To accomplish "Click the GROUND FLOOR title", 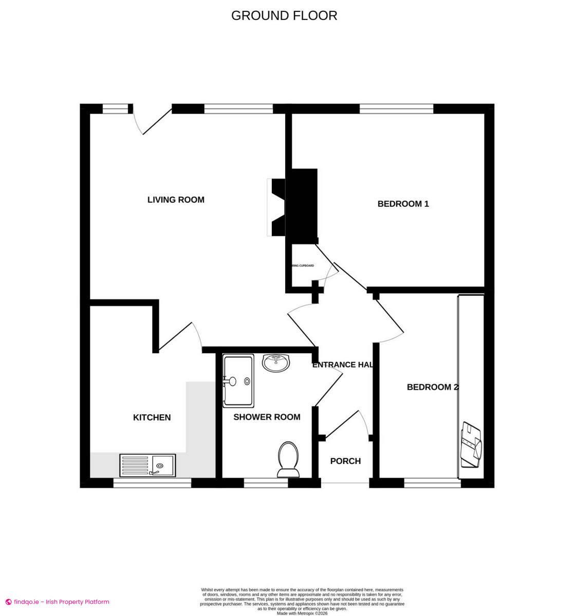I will (284, 15).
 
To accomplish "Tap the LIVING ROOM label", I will (176, 200).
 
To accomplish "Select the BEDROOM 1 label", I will (403, 204).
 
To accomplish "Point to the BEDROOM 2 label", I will (432, 387).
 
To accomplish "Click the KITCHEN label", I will (152, 417).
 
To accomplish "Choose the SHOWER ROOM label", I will (267, 417).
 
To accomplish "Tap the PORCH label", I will (345, 461).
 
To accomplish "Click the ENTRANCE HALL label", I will (342, 365).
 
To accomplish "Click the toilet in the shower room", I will (288, 459).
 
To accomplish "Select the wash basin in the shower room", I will (276, 362).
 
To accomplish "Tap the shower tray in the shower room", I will (238, 380).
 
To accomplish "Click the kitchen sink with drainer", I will (147, 465).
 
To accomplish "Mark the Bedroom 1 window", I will (396, 108).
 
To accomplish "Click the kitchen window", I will (152, 483).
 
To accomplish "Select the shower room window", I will (266, 483).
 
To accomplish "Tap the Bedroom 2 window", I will (432, 483).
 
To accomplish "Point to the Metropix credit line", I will (302, 613).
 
